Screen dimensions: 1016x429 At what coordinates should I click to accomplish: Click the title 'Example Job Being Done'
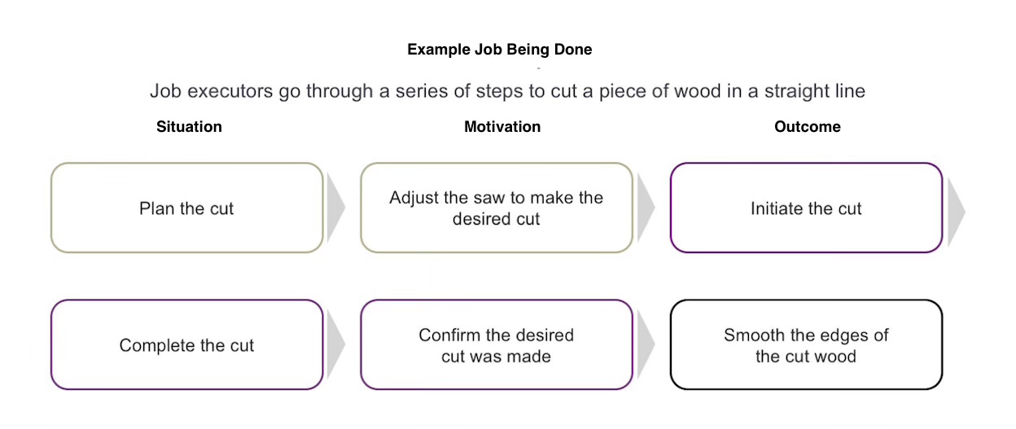(x=499, y=50)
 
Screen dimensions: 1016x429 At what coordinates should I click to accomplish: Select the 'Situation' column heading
(x=189, y=127)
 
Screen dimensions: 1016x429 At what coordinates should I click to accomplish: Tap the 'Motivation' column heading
(x=502, y=127)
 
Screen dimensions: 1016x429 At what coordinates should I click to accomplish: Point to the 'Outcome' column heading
(x=807, y=127)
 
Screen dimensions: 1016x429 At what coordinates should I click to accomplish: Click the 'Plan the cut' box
(x=186, y=208)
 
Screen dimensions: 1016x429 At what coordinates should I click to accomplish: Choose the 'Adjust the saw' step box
(x=496, y=208)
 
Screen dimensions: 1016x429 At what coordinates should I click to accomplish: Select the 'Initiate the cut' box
(x=806, y=208)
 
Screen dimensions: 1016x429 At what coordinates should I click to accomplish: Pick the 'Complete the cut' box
(x=186, y=345)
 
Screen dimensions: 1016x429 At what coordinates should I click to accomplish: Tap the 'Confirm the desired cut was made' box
(x=496, y=345)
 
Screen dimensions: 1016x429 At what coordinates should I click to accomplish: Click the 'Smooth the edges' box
(x=806, y=345)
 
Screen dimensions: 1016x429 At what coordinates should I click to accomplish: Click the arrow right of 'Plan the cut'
(x=335, y=208)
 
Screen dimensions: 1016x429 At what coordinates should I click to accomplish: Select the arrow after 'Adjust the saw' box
(x=645, y=208)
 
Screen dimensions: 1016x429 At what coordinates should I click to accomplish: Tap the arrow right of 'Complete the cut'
(x=335, y=345)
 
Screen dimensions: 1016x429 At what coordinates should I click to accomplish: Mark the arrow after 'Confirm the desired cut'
(x=645, y=345)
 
